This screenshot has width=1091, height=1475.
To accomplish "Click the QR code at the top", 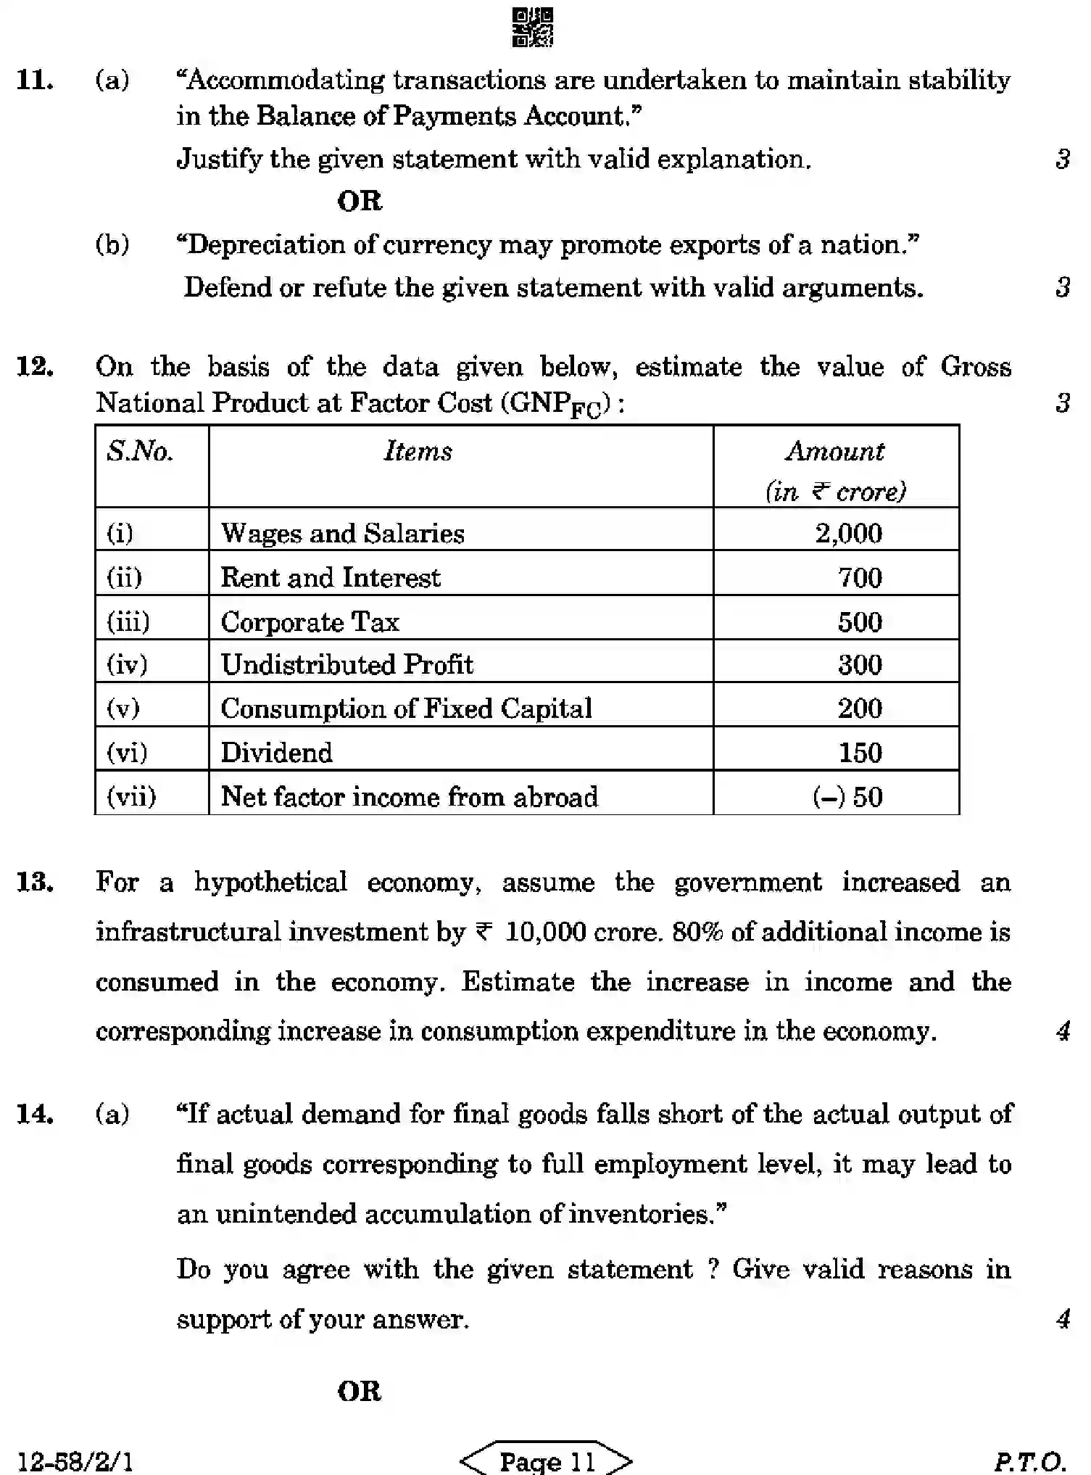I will pyautogui.click(x=533, y=28).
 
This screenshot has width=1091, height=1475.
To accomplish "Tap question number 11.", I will pyautogui.click(x=35, y=80).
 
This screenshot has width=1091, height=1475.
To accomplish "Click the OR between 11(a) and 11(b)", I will pyautogui.click(x=360, y=202).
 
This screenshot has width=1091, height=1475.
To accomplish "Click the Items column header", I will pyautogui.click(x=418, y=451).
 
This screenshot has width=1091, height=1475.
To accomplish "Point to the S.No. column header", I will pyautogui.click(x=140, y=451).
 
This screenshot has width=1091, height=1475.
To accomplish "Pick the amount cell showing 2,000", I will pyautogui.click(x=848, y=534).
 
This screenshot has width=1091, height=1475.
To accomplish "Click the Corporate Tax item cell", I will pyautogui.click(x=310, y=622).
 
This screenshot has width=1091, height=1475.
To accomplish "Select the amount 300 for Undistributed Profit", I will pyautogui.click(x=860, y=665).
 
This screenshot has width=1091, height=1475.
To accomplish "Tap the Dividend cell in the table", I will pyautogui.click(x=277, y=753).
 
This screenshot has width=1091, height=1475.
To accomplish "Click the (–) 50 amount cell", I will pyautogui.click(x=847, y=797).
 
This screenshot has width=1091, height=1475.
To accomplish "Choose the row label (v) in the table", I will pyautogui.click(x=123, y=708).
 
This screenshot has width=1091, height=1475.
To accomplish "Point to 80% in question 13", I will pyautogui.click(x=697, y=932).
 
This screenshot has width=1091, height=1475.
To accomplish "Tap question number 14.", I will pyautogui.click(x=35, y=1114).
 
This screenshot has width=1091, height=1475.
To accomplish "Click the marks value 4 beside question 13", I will pyautogui.click(x=1063, y=1030).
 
